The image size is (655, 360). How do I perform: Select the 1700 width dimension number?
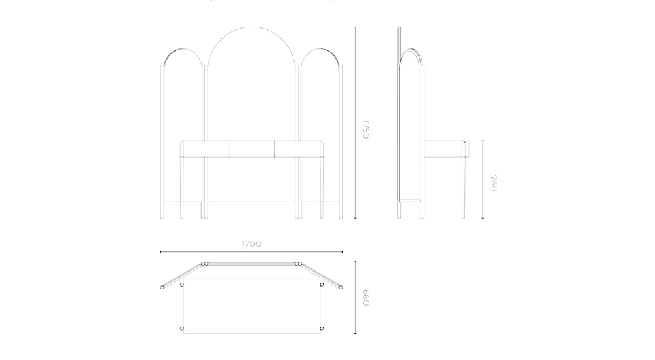pos(251,243)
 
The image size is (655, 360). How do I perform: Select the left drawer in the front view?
pos(206,149)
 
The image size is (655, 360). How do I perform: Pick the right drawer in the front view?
pos(298,149)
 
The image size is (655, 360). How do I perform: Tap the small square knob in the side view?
pos(459,154)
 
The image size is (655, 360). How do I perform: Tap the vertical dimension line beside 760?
pos(483,179)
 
